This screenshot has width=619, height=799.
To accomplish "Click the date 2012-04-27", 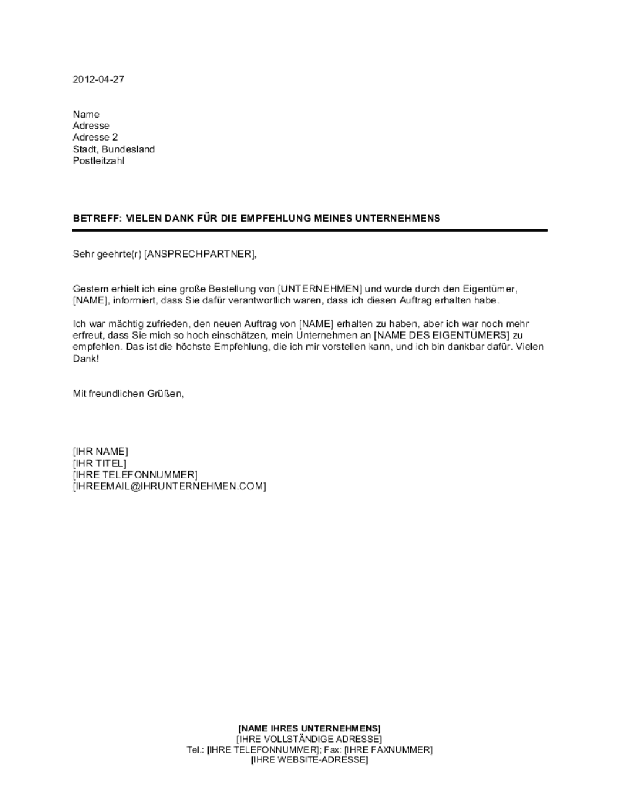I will point(98,79).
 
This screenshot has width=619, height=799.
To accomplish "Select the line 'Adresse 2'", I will point(95,138).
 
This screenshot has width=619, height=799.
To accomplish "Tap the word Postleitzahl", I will point(98,161).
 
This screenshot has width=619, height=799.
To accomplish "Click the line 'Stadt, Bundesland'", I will point(114,149).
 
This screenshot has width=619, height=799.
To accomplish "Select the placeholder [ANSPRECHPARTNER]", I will point(199,254).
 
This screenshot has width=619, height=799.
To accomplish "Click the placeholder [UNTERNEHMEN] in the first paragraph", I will point(319,289).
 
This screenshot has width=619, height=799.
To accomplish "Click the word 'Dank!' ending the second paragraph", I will point(85,359).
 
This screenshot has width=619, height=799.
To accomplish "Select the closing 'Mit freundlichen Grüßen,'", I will point(128,393).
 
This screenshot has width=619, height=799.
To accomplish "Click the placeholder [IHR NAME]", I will point(100,452).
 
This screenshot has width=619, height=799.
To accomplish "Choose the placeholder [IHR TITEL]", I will point(100,463).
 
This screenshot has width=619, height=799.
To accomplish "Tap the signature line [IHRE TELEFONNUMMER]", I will point(135,475).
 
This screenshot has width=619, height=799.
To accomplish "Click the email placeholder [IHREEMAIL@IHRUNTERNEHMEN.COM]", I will point(169,487).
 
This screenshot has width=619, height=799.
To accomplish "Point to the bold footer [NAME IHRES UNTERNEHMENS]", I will point(309,728).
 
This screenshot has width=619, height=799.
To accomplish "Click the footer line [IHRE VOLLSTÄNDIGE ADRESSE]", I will point(309,739).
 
